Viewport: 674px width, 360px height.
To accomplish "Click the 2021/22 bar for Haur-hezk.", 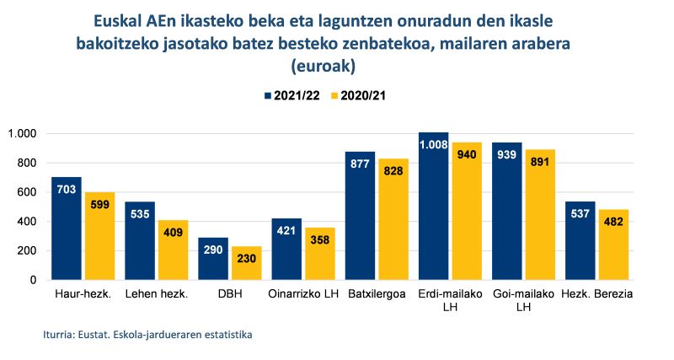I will (x=67, y=228).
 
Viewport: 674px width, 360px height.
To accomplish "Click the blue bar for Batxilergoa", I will (x=361, y=216).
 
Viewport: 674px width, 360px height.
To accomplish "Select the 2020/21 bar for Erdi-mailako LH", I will (x=466, y=212).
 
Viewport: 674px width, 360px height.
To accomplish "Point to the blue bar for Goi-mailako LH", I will (x=507, y=212).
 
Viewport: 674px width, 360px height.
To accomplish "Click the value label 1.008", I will (x=434, y=144).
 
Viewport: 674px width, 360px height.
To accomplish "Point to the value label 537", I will (x=580, y=213).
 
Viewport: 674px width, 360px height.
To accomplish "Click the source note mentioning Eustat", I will (x=147, y=335).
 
